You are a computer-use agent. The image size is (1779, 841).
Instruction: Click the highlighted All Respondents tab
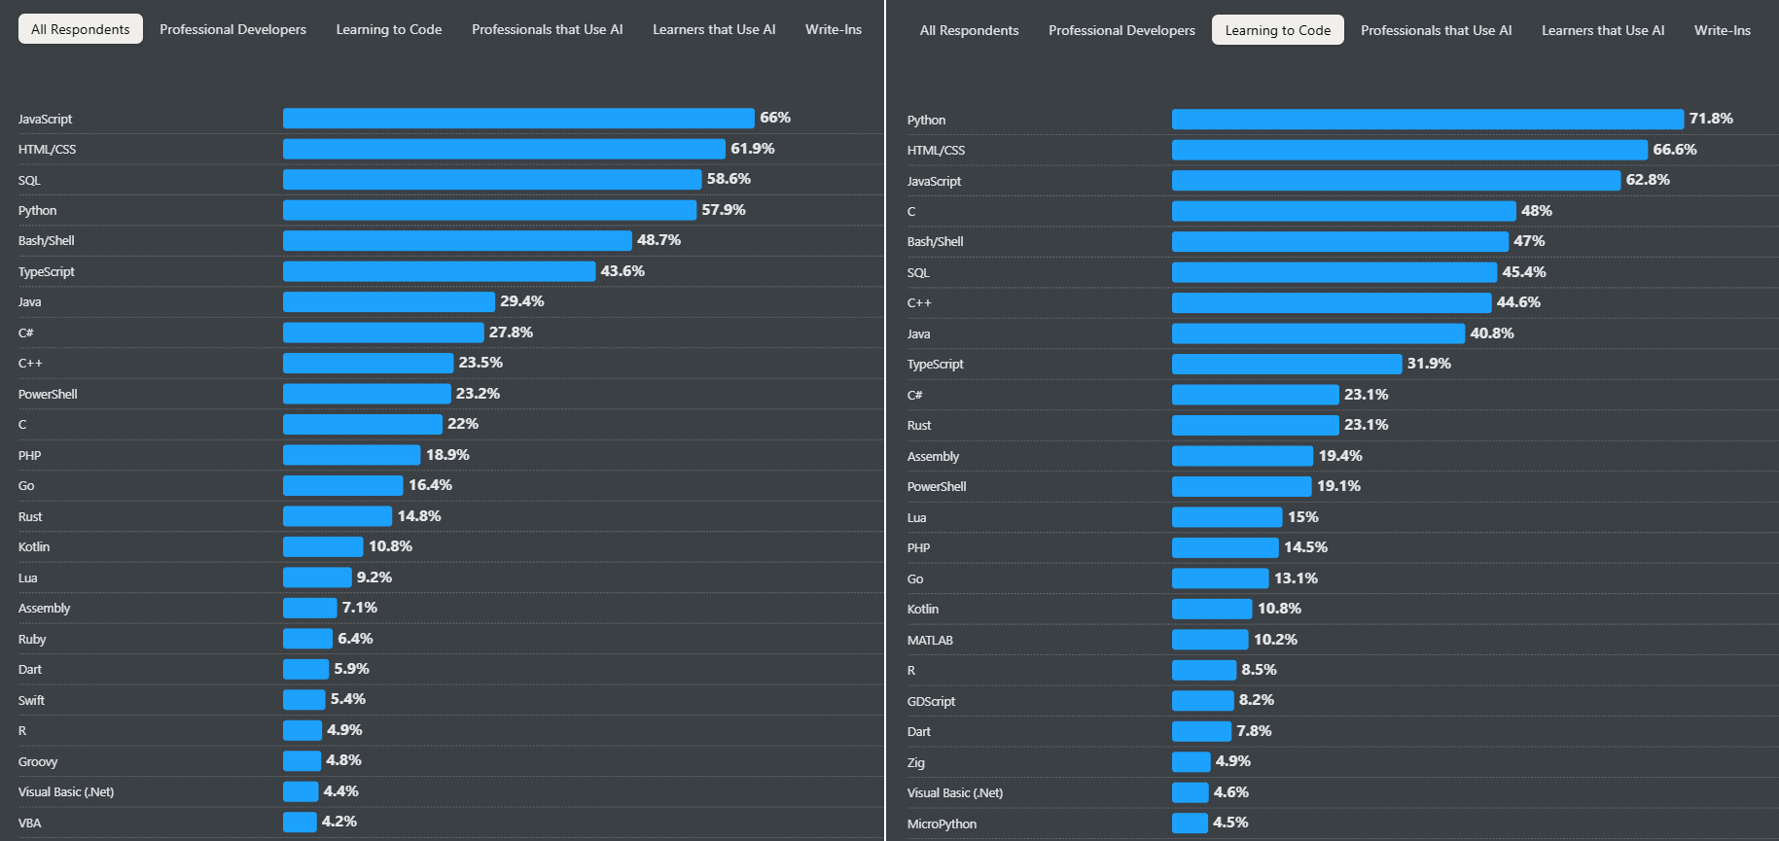pyautogui.click(x=81, y=29)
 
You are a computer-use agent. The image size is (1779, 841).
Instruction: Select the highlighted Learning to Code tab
pyautogui.click(x=1277, y=30)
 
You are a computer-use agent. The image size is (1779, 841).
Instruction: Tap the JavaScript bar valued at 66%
pyautogui.click(x=518, y=119)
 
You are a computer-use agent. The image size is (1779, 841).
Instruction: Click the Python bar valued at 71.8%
pyautogui.click(x=1427, y=120)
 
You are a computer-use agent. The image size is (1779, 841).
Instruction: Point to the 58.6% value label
pyautogui.click(x=729, y=179)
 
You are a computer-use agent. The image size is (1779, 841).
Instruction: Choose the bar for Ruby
pyautogui.click(x=307, y=639)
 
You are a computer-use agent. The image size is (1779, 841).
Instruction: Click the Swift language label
pyautogui.click(x=31, y=700)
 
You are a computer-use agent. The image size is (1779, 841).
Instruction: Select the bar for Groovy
pyautogui.click(x=302, y=761)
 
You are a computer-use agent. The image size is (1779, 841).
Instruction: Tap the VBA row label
pyautogui.click(x=30, y=823)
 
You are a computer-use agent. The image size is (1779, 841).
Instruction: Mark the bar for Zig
pyautogui.click(x=1191, y=762)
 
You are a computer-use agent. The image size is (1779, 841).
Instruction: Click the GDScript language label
pyautogui.click(x=931, y=701)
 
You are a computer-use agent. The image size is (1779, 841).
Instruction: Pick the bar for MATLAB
pyautogui.click(x=1209, y=640)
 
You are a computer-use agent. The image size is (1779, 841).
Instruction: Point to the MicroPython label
pyautogui.click(x=942, y=823)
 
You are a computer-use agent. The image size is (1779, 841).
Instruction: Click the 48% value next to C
pyautogui.click(x=1537, y=211)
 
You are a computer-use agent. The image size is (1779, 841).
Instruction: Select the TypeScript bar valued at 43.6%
pyautogui.click(x=439, y=271)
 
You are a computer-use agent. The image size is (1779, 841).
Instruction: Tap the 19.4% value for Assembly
pyautogui.click(x=1340, y=456)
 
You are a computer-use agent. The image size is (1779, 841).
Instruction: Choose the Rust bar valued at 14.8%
pyautogui.click(x=338, y=516)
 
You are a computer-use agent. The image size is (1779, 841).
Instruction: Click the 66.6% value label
pyautogui.click(x=1675, y=150)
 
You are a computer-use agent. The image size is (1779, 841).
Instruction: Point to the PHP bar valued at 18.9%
pyautogui.click(x=351, y=455)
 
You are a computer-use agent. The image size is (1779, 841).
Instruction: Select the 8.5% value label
pyautogui.click(x=1259, y=670)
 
